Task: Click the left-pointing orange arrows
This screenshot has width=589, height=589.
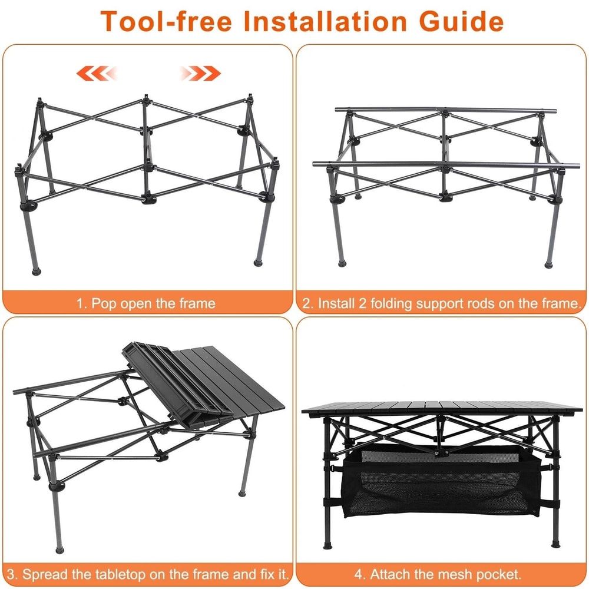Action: tap(97, 74)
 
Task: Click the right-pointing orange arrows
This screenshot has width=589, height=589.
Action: tap(200, 74)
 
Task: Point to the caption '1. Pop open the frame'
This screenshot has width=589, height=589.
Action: tap(146, 304)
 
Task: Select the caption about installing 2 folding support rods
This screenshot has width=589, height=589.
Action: tap(442, 304)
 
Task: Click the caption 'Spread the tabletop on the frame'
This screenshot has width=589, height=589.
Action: tap(147, 574)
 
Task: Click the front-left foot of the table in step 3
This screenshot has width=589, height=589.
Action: tap(59, 549)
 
